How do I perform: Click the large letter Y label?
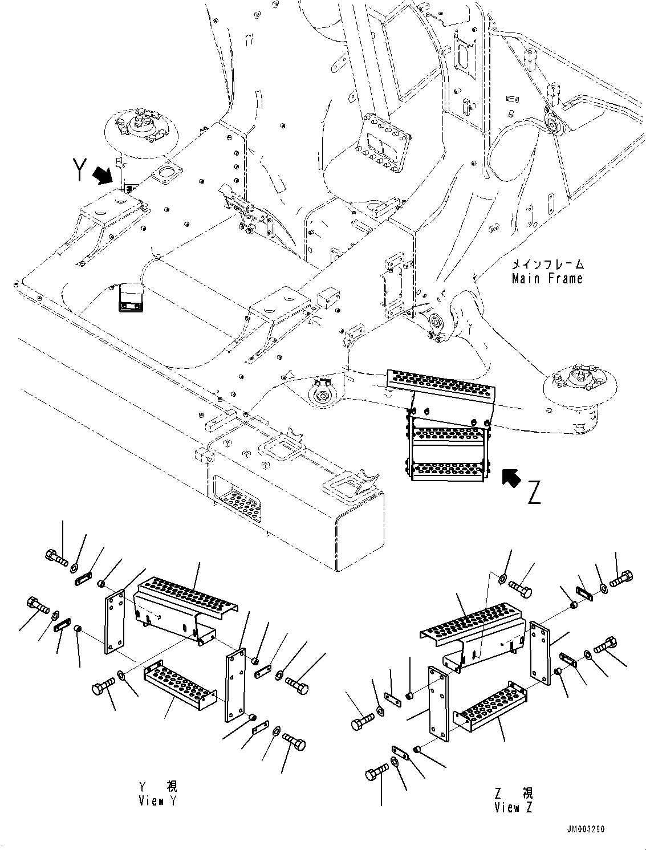point(80,168)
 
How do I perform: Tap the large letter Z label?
point(534,493)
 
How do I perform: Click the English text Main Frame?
point(547,279)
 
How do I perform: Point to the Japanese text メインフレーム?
point(547,265)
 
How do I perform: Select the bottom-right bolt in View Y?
point(294,744)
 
